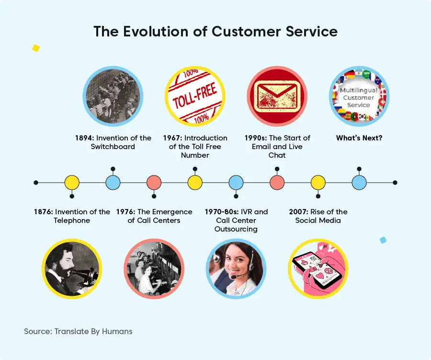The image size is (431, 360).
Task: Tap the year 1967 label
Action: (x=172, y=138)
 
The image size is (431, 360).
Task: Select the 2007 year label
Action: (x=298, y=212)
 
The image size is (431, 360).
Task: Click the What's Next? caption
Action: (x=359, y=138)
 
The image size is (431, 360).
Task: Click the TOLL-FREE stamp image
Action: (x=195, y=96)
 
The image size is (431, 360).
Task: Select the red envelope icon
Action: (x=277, y=96)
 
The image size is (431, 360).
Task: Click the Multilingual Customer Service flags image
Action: (x=359, y=96)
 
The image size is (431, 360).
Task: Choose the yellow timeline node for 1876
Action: (x=72, y=183)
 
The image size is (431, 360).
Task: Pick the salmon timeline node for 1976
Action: (x=154, y=183)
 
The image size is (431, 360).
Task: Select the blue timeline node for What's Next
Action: (x=359, y=183)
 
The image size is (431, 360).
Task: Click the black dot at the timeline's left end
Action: (x=36, y=183)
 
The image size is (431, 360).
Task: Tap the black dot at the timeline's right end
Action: (x=395, y=183)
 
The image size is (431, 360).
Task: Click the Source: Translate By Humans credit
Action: (x=78, y=331)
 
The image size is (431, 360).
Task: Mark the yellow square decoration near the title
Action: (x=36, y=48)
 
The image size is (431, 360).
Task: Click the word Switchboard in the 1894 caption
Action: (x=113, y=146)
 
